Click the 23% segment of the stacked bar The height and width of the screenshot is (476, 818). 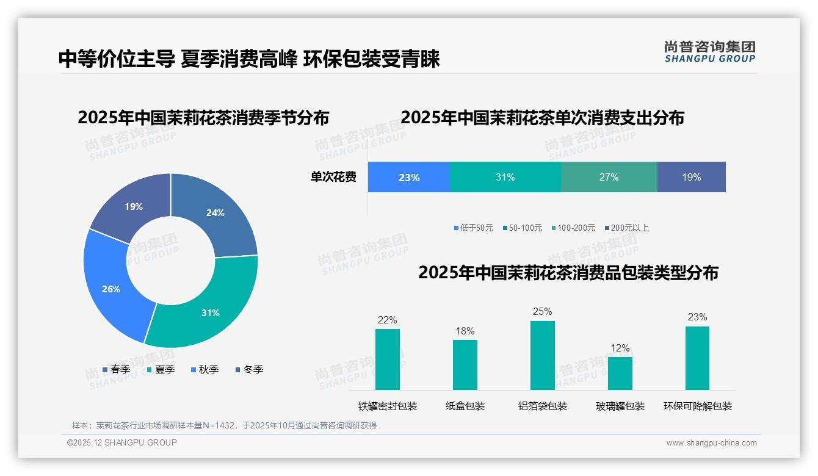(408, 178)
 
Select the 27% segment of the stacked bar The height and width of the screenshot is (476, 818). (609, 178)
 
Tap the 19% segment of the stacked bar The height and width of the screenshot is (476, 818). (691, 178)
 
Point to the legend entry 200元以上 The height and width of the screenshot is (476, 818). (629, 228)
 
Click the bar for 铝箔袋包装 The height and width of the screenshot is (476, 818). (542, 355)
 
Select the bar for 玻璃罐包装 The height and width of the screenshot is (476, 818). (620, 373)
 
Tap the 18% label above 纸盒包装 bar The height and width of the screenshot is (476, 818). (465, 331)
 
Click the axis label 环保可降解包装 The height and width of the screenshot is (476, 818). (697, 406)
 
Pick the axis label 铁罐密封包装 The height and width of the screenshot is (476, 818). (387, 406)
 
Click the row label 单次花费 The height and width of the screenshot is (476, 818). (333, 178)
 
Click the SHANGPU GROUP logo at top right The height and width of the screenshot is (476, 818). (709, 52)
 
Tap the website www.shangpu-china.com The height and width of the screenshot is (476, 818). (711, 443)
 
